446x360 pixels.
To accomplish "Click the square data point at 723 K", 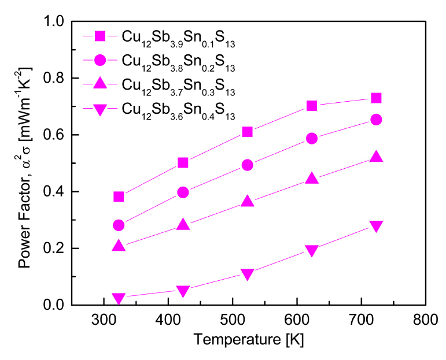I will click(376, 98).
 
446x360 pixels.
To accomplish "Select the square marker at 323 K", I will click(119, 196).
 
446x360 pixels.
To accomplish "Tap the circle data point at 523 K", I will click(247, 165).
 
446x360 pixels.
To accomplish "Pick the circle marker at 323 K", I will click(119, 225).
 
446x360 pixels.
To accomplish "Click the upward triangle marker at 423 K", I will click(183, 225).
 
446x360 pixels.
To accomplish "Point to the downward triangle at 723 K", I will click(376, 226).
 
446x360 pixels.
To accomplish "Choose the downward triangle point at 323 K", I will click(119, 298).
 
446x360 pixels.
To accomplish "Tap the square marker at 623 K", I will click(312, 105).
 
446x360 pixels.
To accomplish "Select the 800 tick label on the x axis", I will click(425, 319).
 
